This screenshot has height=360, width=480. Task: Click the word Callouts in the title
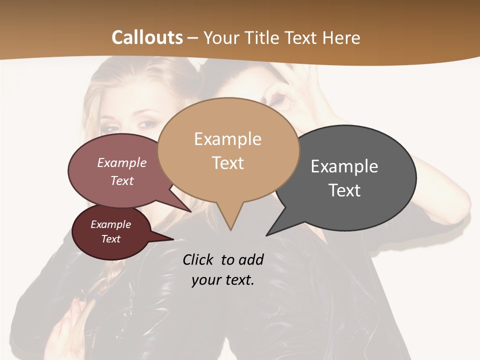[x=147, y=37]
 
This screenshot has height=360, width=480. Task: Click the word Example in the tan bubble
[x=227, y=139]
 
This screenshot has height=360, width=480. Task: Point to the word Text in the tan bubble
[x=227, y=163]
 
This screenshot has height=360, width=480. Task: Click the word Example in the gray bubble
[x=344, y=166]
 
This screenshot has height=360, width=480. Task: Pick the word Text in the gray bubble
[x=344, y=190]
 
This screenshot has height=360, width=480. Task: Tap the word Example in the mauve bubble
[x=122, y=163]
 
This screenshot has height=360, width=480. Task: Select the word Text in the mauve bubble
[x=122, y=180]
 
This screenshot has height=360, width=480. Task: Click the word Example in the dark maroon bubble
[x=111, y=224]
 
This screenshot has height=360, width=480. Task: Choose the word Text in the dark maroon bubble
[x=111, y=239]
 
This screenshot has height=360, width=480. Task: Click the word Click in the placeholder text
[x=199, y=259]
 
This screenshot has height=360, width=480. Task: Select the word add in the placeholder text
[x=251, y=259]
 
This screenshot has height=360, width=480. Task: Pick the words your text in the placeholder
[x=223, y=280]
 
